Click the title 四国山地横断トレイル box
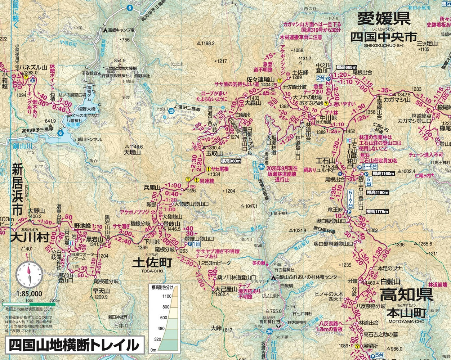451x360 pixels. click(x=74, y=345)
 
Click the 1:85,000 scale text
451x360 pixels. click(x=29, y=293)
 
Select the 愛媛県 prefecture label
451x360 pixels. click(x=383, y=18)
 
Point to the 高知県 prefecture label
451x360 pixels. click(x=406, y=295)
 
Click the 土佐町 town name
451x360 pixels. click(x=151, y=262)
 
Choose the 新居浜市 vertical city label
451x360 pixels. click(x=17, y=189)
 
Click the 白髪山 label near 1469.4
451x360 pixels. click(x=390, y=281)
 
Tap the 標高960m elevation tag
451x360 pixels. click(x=231, y=161)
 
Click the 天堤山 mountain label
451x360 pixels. click(x=132, y=152)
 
